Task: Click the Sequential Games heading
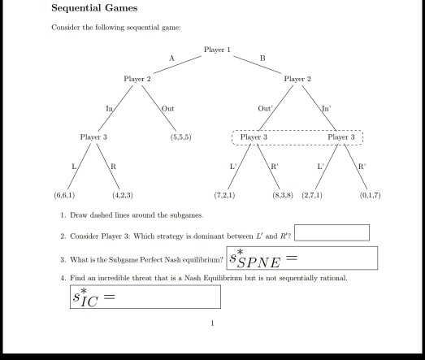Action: [94, 9]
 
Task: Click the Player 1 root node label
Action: [217, 50]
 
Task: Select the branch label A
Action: [171, 58]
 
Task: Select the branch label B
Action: [262, 58]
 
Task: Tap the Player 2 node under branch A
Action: [137, 79]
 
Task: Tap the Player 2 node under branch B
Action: [297, 79]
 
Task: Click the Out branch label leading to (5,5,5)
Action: [167, 108]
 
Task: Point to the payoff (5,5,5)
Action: [180, 137]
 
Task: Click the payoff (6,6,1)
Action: [64, 195]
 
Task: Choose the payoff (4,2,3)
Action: [123, 195]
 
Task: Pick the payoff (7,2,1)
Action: [224, 195]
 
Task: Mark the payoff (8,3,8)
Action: [283, 195]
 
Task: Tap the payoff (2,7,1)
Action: [312, 195]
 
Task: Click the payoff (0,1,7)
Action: [370, 195]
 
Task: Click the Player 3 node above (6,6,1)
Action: [93, 137]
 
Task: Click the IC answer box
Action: [145, 297]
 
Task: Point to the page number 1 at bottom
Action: [212, 323]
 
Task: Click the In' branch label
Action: [326, 108]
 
